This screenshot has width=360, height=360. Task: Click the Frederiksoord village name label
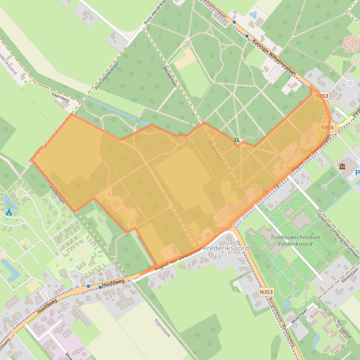click(x=227, y=248)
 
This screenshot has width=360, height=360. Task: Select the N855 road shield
click(x=327, y=127)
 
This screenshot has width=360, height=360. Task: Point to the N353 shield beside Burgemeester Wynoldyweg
click(x=266, y=292)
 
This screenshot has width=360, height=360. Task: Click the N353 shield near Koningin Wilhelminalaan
click(x=322, y=96)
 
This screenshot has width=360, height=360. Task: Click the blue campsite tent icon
click(x=9, y=212)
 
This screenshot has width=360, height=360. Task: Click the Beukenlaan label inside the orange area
click(x=214, y=151)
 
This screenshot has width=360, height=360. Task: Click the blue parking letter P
click(x=357, y=173)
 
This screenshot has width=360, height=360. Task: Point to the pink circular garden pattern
click(x=352, y=44)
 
